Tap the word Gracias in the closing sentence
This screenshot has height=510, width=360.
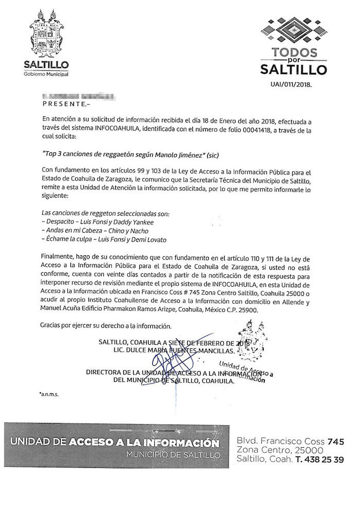(x=49, y=326)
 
